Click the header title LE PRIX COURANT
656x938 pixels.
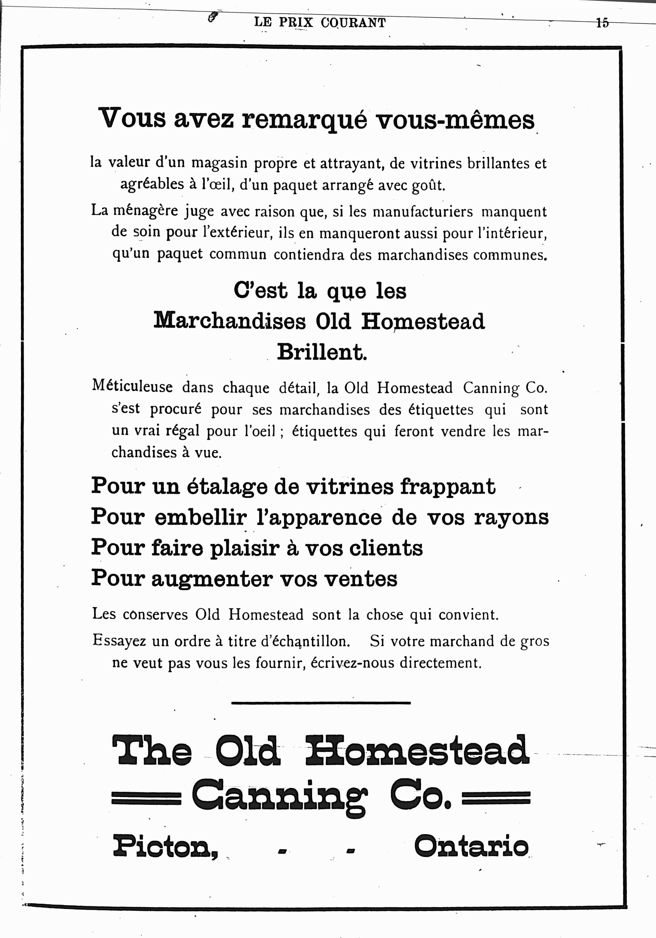320,22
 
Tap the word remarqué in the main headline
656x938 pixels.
304,119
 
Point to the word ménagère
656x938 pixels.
145,211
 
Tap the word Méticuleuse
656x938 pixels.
132,387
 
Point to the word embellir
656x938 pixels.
200,517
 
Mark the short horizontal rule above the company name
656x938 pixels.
321,703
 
